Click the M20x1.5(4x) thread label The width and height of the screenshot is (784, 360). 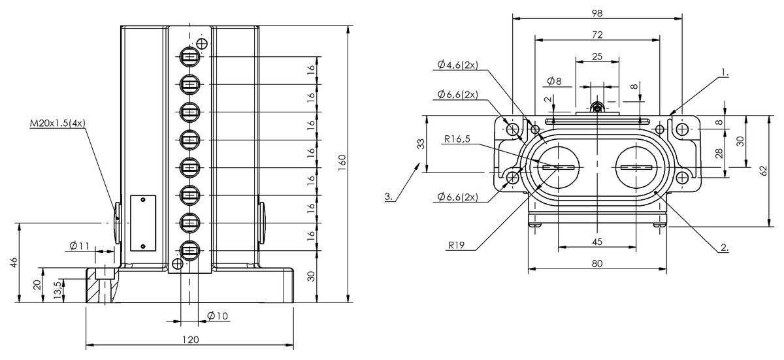pyautogui.click(x=57, y=123)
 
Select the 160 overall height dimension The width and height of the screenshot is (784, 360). pyautogui.click(x=342, y=163)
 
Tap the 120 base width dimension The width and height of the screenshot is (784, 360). pyautogui.click(x=190, y=339)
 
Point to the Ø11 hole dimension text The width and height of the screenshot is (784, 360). pyautogui.click(x=80, y=246)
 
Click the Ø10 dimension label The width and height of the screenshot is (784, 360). pyautogui.click(x=218, y=316)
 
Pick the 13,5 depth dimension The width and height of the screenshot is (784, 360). pyautogui.click(x=58, y=290)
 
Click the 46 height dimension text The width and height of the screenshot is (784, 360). pyautogui.click(x=13, y=263)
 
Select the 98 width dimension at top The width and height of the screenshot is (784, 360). pyautogui.click(x=597, y=13)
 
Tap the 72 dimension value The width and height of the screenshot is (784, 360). pyautogui.click(x=597, y=35)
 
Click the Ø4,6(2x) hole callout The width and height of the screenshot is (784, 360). pyautogui.click(x=458, y=65)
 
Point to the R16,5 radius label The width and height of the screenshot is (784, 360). pyautogui.click(x=457, y=139)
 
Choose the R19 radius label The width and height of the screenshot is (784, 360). pyautogui.click(x=457, y=245)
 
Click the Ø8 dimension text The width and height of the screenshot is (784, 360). pyautogui.click(x=554, y=81)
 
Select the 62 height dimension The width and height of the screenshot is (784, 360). pyautogui.click(x=764, y=171)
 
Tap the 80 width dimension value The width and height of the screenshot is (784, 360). pyautogui.click(x=597, y=263)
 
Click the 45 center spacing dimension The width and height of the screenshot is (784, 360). pyautogui.click(x=597, y=242)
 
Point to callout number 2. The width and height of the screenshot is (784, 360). pyautogui.click(x=725, y=248)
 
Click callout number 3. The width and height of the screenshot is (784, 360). pyautogui.click(x=389, y=196)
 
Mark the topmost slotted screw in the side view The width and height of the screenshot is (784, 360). pyautogui.click(x=189, y=57)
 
